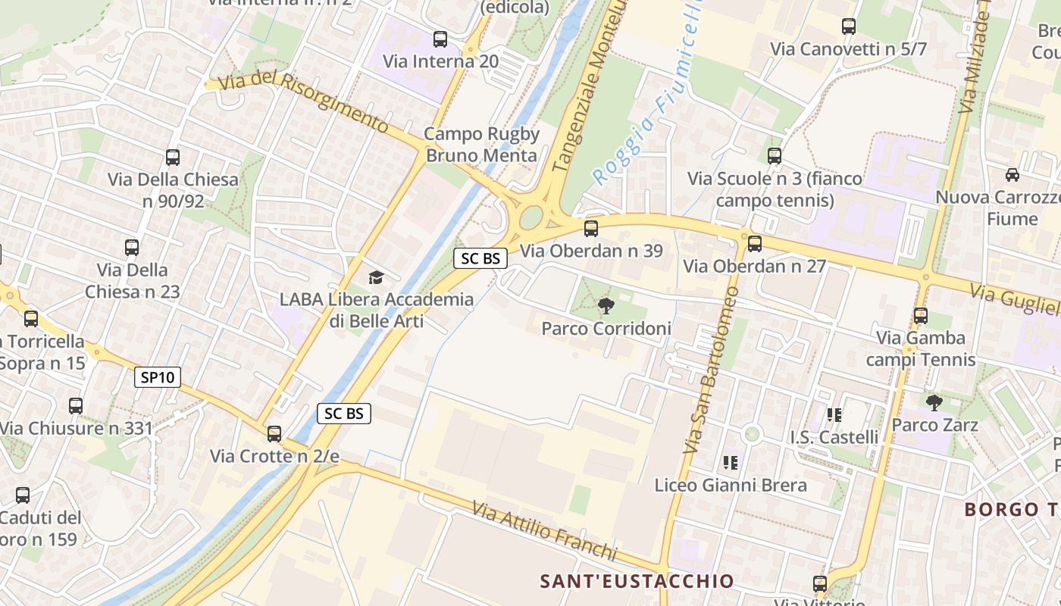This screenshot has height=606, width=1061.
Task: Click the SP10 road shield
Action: point(158,377)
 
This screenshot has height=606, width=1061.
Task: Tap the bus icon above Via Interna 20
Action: point(440,39)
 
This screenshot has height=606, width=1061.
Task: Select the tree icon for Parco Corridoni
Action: point(606,306)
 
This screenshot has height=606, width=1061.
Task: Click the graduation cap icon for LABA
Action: point(376,277)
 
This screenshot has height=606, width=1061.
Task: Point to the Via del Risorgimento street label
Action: point(303,102)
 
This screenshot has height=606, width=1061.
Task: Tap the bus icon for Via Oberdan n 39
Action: point(591,228)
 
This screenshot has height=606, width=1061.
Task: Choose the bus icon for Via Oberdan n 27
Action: point(754,244)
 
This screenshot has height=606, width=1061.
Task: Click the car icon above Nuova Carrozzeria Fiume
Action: point(1012,175)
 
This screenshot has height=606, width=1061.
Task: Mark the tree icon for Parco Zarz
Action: point(934,402)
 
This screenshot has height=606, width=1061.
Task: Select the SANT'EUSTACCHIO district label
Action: point(637,581)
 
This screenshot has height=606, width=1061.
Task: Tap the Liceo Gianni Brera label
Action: point(731,485)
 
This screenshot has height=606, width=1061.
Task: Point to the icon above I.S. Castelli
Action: point(834,414)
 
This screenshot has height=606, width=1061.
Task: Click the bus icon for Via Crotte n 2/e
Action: point(274,434)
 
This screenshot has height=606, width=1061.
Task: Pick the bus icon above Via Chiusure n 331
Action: point(75,406)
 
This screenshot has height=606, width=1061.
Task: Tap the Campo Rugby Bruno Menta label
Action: point(482,145)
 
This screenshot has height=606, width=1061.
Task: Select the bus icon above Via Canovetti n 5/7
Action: point(849,27)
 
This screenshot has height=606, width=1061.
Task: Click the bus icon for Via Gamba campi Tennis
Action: point(921,316)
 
